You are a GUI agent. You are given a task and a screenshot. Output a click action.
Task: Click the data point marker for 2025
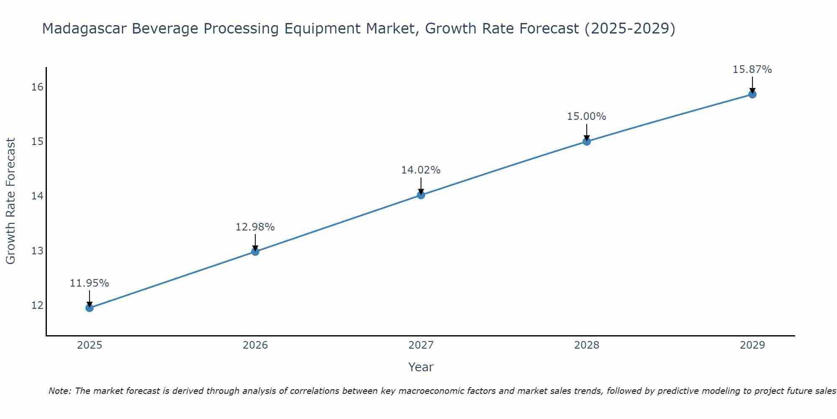click(x=90, y=308)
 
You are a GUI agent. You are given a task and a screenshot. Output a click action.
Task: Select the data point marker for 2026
click(x=255, y=251)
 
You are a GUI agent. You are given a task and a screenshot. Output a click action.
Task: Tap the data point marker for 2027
click(x=421, y=195)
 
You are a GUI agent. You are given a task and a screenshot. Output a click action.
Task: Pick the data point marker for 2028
click(x=587, y=142)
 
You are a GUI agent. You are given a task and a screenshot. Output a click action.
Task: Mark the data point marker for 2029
click(x=752, y=94)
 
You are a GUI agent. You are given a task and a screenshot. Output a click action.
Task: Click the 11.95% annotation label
click(x=90, y=283)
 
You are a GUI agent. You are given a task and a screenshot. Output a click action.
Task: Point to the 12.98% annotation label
click(x=255, y=227)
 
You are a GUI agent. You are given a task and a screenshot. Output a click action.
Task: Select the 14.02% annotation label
click(x=421, y=170)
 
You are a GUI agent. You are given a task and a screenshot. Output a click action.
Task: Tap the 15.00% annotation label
click(x=587, y=116)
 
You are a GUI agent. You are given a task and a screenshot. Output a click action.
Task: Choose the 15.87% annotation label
click(x=752, y=70)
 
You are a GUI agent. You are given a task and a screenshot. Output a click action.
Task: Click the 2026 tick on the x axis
click(x=255, y=345)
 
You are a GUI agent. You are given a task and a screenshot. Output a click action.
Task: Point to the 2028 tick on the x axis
click(x=587, y=345)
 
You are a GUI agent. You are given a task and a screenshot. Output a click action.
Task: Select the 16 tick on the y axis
click(x=37, y=87)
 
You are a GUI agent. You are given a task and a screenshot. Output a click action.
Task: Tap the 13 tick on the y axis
click(x=37, y=251)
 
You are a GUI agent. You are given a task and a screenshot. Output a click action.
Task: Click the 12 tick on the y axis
click(x=37, y=305)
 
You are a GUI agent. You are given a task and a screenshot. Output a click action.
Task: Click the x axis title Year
click(x=421, y=367)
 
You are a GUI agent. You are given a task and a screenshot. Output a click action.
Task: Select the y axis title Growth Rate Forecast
click(x=11, y=201)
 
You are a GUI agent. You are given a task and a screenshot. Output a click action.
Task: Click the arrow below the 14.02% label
click(x=421, y=186)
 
